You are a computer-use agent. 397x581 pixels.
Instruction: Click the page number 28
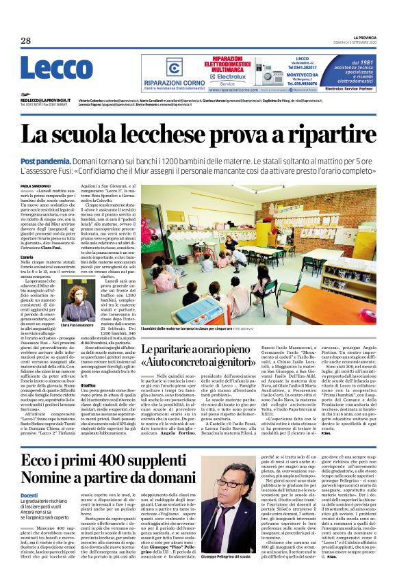(25, 40)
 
